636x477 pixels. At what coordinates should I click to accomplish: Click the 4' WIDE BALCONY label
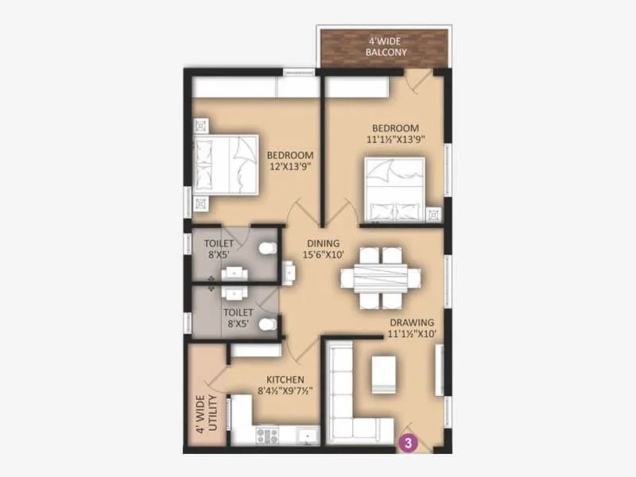pyautogui.click(x=386, y=47)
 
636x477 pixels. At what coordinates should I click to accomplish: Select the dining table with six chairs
pyautogui.click(x=380, y=277)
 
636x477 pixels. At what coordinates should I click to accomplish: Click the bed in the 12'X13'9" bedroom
pyautogui.click(x=227, y=165)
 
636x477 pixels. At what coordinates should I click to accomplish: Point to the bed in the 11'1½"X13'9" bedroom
pyautogui.click(x=394, y=189)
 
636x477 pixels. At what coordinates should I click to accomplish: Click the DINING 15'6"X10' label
pyautogui.click(x=324, y=250)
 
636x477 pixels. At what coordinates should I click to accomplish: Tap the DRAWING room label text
pyautogui.click(x=412, y=328)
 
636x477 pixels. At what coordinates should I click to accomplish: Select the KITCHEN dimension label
pyautogui.click(x=284, y=385)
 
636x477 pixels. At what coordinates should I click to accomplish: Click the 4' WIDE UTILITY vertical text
pyautogui.click(x=205, y=414)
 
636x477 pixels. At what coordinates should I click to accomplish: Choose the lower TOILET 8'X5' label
pyautogui.click(x=238, y=319)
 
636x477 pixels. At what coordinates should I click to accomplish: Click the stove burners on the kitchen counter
pyautogui.click(x=266, y=435)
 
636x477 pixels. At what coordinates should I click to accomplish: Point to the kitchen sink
pyautogui.click(x=305, y=435)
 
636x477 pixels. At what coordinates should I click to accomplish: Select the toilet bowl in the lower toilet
pyautogui.click(x=268, y=324)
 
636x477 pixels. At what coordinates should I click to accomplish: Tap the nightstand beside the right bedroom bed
pyautogui.click(x=433, y=215)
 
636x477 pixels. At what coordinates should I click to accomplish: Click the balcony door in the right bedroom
pyautogui.click(x=418, y=80)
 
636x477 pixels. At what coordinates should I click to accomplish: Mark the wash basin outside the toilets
pyautogui.click(x=289, y=273)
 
